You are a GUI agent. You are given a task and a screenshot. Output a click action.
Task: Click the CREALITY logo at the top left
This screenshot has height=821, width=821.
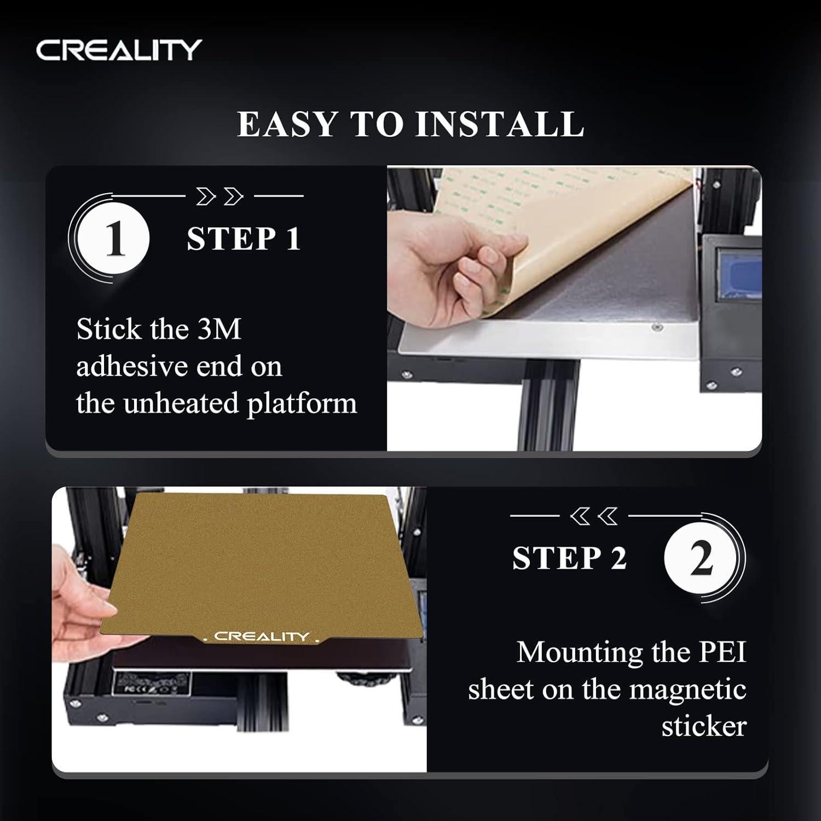click(x=119, y=50)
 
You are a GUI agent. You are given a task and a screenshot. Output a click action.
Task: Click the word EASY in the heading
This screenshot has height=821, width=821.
click(x=287, y=124)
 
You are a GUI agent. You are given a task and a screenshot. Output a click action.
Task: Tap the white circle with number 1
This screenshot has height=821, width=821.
click(x=113, y=239)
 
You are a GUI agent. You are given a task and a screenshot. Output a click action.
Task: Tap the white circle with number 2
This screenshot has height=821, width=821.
click(x=700, y=559)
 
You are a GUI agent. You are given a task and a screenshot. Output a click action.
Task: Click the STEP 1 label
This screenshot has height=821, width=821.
click(x=244, y=239)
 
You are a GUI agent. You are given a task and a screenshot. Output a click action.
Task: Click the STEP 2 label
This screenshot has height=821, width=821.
click(x=569, y=559)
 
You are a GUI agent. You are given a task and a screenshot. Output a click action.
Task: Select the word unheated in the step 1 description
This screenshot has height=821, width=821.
click(x=180, y=404)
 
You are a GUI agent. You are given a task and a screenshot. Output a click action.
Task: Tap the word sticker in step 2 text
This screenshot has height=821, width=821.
click(x=703, y=726)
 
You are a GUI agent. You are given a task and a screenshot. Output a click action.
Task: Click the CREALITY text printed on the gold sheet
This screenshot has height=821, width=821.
click(x=262, y=636)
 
